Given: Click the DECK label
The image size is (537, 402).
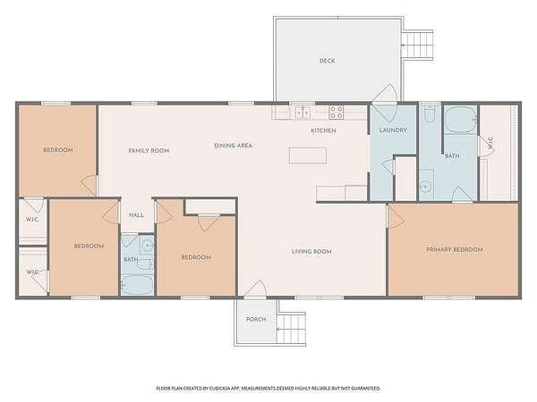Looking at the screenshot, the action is [327, 61].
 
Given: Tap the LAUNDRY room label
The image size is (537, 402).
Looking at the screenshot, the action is [393, 130].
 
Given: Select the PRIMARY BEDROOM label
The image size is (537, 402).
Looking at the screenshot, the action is [455, 249].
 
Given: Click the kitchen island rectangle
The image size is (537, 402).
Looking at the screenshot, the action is [308, 155].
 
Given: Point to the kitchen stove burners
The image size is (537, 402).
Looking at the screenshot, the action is [337, 113].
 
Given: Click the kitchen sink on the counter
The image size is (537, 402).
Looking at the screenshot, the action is [303, 113].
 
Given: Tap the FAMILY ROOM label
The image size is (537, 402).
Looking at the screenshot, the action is [149, 151].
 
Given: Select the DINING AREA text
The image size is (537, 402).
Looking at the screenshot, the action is [234, 146].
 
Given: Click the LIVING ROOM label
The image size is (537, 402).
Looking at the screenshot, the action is [311, 252].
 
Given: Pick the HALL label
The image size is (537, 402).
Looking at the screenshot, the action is [136, 215].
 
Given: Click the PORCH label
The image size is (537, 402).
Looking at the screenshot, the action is [256, 319].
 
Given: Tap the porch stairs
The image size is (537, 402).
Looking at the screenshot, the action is [291, 329].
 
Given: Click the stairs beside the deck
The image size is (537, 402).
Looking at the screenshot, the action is [417, 45].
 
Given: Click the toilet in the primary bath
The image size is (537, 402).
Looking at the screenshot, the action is [429, 113].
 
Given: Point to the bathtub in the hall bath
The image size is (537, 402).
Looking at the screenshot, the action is [137, 285].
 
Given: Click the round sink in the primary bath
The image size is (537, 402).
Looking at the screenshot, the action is [426, 187].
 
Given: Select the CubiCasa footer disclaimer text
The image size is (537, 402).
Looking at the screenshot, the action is [268, 389].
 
